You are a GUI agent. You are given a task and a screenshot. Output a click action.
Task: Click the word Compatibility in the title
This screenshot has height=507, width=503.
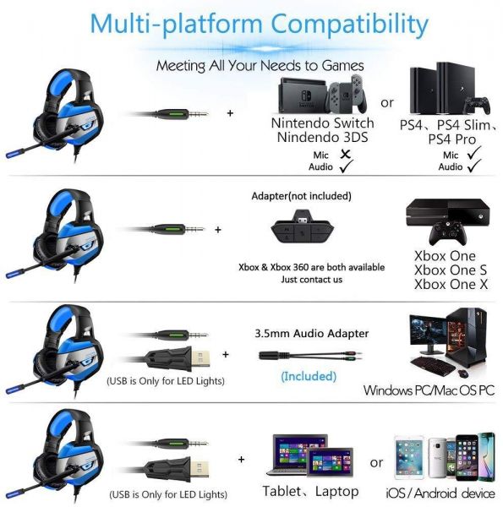click(349, 24)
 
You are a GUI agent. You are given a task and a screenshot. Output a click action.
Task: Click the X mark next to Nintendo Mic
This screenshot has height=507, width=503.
click(346, 154)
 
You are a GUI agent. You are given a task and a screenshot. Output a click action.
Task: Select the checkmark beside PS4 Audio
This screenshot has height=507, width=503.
click(474, 166)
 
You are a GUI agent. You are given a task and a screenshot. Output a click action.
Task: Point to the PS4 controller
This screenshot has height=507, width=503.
click(477, 105)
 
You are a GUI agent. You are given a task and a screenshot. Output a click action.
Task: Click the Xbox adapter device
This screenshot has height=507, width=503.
click(302, 227)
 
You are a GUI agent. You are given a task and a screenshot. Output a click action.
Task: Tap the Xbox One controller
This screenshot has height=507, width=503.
click(448, 233)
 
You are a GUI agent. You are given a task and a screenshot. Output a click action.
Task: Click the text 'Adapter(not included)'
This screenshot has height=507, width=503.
click(302, 196)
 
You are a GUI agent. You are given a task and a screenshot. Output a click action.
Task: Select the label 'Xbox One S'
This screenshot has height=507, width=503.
click(451, 270)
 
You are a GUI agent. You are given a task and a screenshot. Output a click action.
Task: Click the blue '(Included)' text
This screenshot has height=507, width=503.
click(309, 376)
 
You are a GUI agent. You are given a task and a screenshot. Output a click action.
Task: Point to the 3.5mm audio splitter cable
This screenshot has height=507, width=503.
click(310, 356)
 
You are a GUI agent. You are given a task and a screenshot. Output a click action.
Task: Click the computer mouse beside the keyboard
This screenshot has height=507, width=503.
click(463, 373)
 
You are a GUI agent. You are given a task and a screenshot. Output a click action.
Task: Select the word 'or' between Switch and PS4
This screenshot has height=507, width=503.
click(387, 103)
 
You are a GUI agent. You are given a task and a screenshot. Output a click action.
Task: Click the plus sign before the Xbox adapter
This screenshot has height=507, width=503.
click(218, 230)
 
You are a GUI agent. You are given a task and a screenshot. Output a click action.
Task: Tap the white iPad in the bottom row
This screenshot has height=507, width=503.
click(409, 458)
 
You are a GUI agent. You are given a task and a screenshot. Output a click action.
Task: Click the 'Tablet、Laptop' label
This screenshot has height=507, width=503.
click(310, 491)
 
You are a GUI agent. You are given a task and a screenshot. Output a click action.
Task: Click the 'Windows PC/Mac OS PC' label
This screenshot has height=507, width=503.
click(429, 390)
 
